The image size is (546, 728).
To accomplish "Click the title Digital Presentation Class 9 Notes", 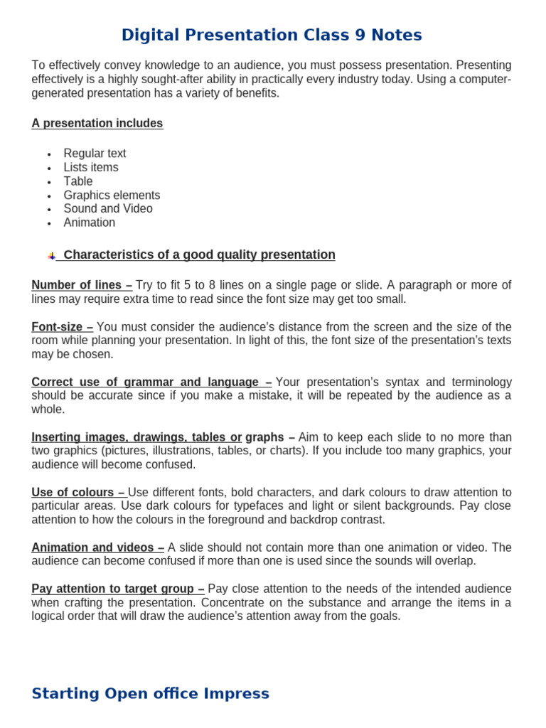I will [272, 35].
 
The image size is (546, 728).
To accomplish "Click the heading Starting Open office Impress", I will [150, 693].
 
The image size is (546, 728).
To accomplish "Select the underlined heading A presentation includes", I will [97, 124].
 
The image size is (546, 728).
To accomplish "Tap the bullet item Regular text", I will [95, 154].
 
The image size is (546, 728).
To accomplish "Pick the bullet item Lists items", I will [91, 168].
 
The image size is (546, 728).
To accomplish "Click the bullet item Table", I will [78, 181].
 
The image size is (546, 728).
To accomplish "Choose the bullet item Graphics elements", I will [112, 196].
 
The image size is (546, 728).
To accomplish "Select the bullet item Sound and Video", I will [108, 209].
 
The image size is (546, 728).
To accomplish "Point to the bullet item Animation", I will [89, 223].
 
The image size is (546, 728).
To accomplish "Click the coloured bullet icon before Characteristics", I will [51, 256].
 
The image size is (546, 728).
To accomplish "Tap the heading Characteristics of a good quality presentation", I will [199, 255].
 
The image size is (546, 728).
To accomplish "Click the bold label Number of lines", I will [81, 285].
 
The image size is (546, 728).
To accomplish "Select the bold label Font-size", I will [62, 327].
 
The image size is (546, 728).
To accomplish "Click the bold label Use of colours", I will [78, 493].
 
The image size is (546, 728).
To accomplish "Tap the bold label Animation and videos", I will [97, 547].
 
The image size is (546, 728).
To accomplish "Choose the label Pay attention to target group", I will [117, 589].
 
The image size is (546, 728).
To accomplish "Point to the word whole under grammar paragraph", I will [48, 409].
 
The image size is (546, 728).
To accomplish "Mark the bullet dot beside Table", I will [49, 182].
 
